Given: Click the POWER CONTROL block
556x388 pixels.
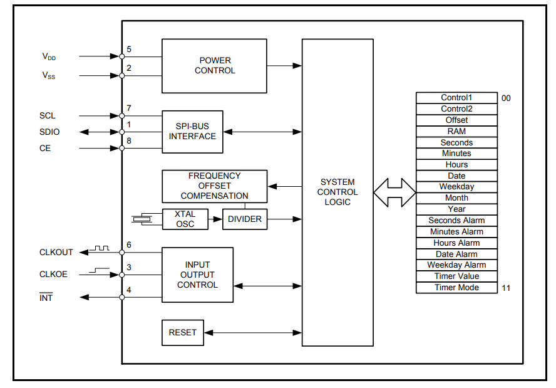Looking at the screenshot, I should (x=214, y=66).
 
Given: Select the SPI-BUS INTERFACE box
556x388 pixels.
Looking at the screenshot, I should (x=192, y=132).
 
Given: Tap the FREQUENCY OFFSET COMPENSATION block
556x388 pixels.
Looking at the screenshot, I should (x=214, y=186).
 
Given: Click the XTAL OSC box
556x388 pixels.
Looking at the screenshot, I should (x=185, y=219).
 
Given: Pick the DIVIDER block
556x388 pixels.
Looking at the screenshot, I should (x=245, y=219).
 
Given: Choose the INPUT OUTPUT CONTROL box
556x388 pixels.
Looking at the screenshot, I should (x=197, y=275).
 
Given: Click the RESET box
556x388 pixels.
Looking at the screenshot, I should (x=182, y=332).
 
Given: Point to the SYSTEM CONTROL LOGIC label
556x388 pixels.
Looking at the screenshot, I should (x=337, y=192).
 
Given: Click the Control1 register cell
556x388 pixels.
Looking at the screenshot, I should (x=456, y=98).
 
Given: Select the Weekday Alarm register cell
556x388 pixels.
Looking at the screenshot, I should (x=456, y=265).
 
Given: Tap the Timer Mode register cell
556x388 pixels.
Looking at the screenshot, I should (x=456, y=288).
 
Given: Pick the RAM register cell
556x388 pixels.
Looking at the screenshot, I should (x=456, y=132).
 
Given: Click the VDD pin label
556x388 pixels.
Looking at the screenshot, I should (x=49, y=56).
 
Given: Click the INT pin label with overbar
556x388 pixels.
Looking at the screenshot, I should (x=46, y=298).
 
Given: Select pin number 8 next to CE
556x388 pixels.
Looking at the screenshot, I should (x=129, y=141).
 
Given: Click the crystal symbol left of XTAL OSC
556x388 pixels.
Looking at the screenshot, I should (x=143, y=219).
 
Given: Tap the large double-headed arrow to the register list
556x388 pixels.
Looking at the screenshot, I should (x=394, y=192).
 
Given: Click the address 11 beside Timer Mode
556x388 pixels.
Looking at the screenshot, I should (x=506, y=288).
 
